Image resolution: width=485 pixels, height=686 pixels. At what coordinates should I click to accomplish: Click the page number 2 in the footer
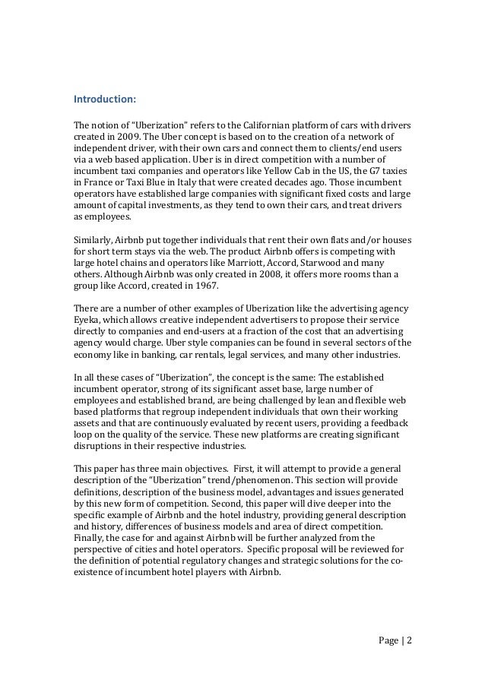click(x=409, y=640)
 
